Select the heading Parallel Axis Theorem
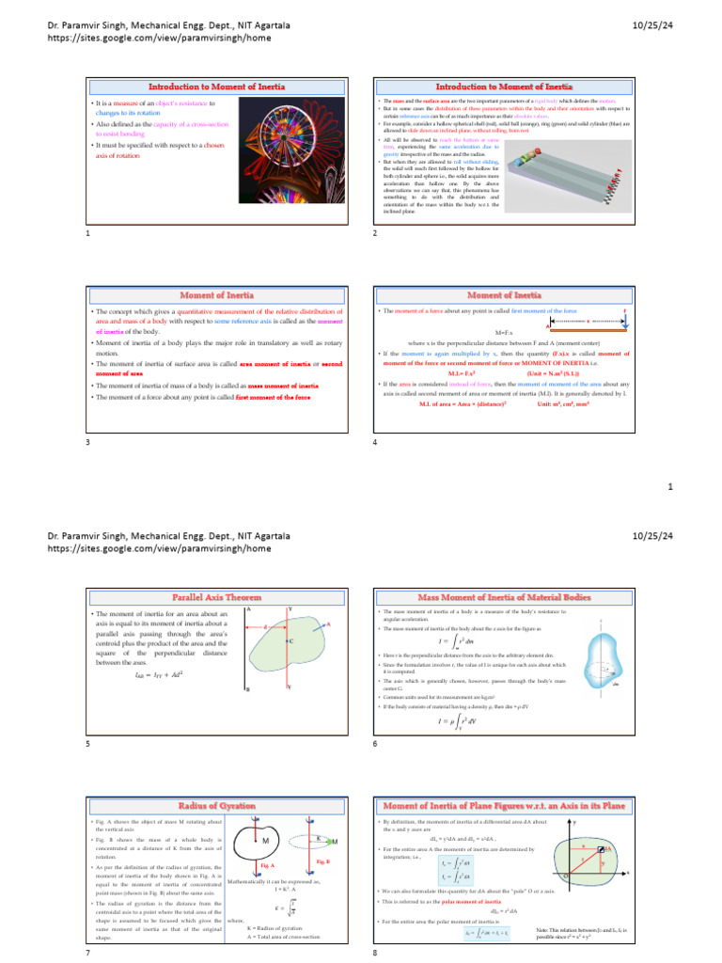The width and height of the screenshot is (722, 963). [x=216, y=596]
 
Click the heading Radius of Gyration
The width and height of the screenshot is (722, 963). [x=216, y=805]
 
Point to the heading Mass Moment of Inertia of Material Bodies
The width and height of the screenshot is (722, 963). [x=504, y=596]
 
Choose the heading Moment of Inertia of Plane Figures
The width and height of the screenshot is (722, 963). [x=504, y=805]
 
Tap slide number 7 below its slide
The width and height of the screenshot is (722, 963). [x=87, y=952]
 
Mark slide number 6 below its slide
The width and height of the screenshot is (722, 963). [x=375, y=743]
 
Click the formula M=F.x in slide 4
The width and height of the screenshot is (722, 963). [x=504, y=333]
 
